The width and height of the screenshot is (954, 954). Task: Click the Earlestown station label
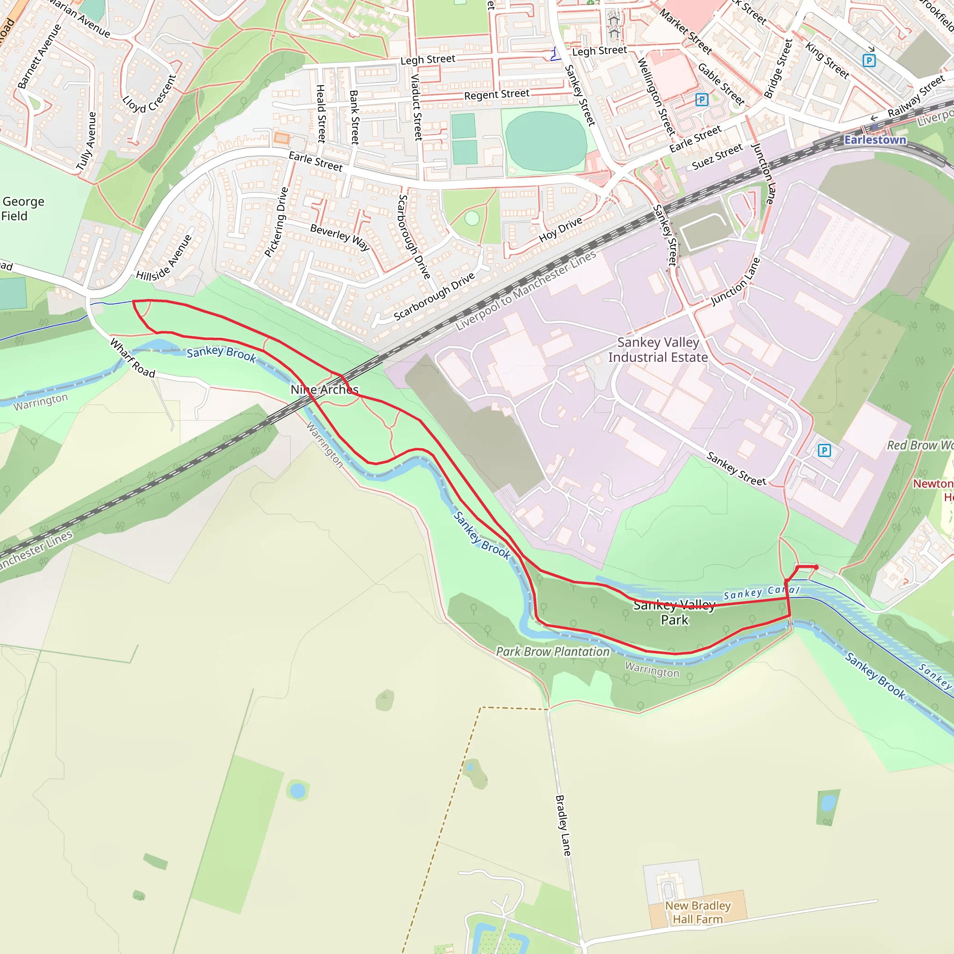(x=875, y=140)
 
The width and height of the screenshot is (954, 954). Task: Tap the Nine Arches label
(x=324, y=389)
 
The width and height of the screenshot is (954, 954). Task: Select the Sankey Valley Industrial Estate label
(x=658, y=350)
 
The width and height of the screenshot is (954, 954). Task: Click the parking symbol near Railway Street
(x=869, y=61)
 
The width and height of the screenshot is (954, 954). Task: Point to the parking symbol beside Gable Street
(x=701, y=100)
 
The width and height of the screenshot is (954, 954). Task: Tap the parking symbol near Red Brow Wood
(x=824, y=450)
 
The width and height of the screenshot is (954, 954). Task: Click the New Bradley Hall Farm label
(x=698, y=912)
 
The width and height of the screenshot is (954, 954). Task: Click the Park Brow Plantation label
(x=552, y=652)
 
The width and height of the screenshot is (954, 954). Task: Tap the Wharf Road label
(x=132, y=358)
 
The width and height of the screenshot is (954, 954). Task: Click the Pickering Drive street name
(x=276, y=222)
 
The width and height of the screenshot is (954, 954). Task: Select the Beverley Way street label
(x=340, y=237)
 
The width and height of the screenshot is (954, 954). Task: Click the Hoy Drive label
(x=560, y=230)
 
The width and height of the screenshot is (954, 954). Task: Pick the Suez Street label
(x=717, y=157)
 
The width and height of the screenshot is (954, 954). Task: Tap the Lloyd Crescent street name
(x=149, y=93)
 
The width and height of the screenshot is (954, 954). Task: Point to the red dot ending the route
(x=816, y=567)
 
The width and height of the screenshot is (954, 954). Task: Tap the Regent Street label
(x=496, y=94)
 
